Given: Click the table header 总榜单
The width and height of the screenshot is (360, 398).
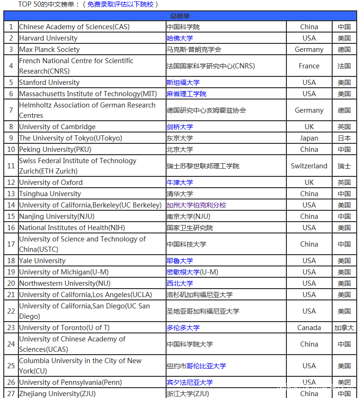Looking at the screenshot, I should coord(180,16).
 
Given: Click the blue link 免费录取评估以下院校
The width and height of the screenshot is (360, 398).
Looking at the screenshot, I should coord(120,4).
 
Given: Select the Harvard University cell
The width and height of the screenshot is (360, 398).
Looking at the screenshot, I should coord(48,38).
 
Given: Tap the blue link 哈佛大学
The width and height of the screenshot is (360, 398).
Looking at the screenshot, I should coord(180,38).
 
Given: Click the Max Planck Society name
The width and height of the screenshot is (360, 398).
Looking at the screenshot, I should coord(50,50).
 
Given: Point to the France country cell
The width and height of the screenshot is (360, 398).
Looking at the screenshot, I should coord(309,66).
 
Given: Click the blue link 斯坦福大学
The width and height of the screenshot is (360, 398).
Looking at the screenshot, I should coord(183,83).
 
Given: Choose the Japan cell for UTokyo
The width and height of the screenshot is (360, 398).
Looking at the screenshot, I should coord(309,138).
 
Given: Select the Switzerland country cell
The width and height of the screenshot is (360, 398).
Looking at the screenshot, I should coord(309,166).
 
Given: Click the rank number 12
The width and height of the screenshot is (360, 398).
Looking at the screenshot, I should coord(11,182).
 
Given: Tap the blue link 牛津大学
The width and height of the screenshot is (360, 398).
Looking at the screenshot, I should coord(180,182).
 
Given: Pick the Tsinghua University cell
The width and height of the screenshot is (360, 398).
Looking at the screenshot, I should coord(50,194).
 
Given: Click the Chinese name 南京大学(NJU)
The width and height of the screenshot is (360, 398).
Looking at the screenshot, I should coord(188,216).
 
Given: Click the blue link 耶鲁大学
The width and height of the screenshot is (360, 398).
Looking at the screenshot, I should coord(180,261).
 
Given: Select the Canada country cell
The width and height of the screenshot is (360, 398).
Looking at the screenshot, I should coord(309,328).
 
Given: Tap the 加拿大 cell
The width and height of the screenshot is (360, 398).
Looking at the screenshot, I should coord(344,328).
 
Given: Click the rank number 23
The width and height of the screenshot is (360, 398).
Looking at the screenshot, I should coord(11,328).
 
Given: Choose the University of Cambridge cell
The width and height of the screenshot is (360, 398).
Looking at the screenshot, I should coord(57,127).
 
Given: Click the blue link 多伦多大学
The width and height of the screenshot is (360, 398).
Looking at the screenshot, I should coord(183,328).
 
